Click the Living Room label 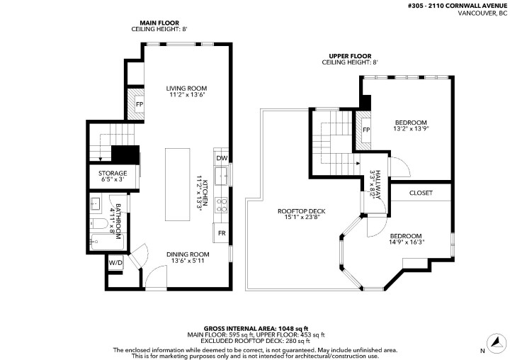pyautogui.click(x=187, y=89)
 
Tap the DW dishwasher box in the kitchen pyautogui.click(x=221, y=158)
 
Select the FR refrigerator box pyautogui.click(x=221, y=233)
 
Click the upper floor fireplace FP pyautogui.click(x=366, y=130)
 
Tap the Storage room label pyautogui.click(x=113, y=173)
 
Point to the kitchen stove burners pyautogui.click(x=221, y=205)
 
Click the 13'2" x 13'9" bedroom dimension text pyautogui.click(x=412, y=129)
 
